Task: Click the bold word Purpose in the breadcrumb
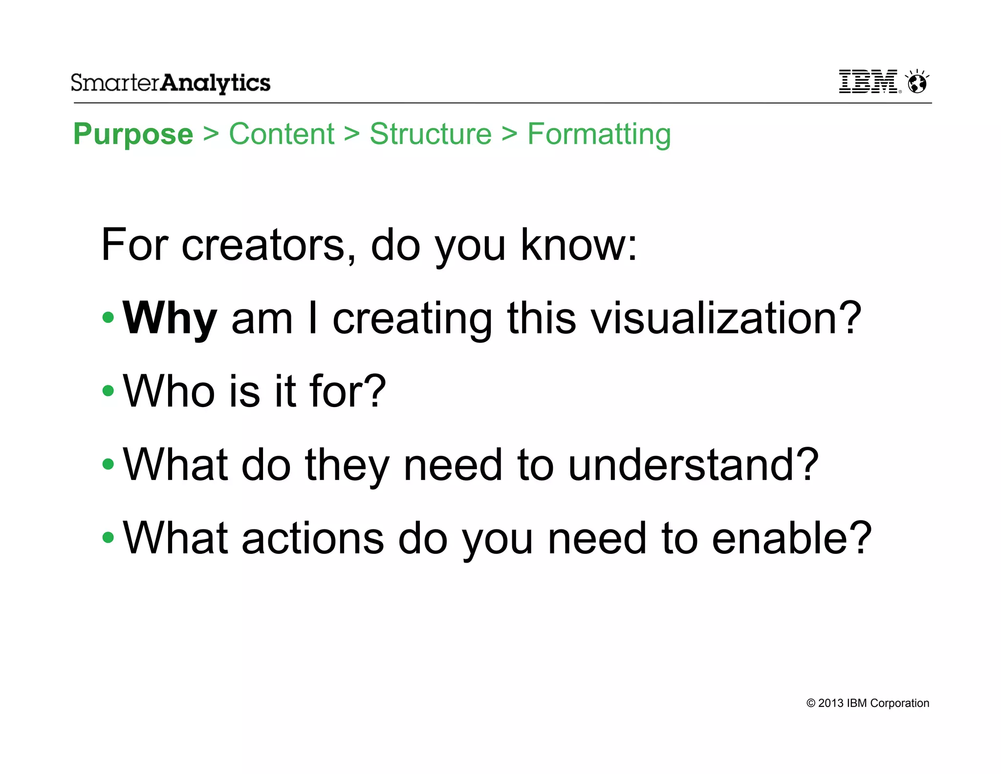point(133,134)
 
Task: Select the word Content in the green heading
point(282,134)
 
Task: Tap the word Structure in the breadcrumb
point(431,134)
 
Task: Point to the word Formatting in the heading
point(599,135)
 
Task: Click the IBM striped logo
point(868,81)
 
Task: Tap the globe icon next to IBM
point(917,82)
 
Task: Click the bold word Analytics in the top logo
point(215,83)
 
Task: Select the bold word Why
point(170,319)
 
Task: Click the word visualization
point(726,318)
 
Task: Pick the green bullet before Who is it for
point(108,391)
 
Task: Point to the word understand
point(693,464)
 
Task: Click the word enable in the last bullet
point(791,538)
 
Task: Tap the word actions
point(313,538)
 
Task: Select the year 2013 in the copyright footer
point(830,703)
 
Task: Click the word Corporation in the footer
point(899,703)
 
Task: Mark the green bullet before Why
point(108,318)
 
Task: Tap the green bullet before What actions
point(108,538)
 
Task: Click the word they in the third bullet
point(347,465)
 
